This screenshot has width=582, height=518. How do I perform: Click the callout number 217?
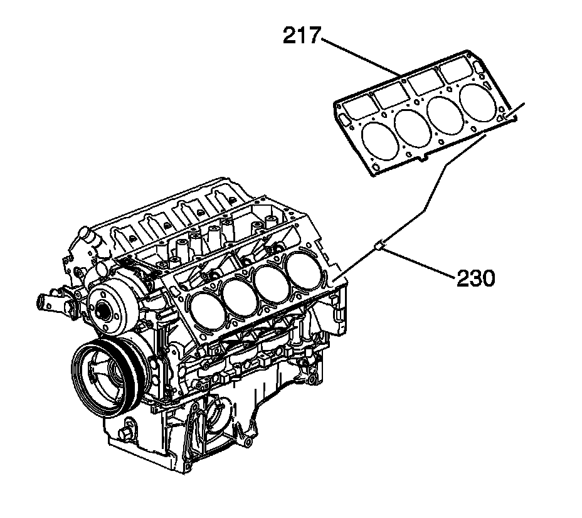[301, 36]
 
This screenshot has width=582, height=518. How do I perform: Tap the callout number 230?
[475, 277]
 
